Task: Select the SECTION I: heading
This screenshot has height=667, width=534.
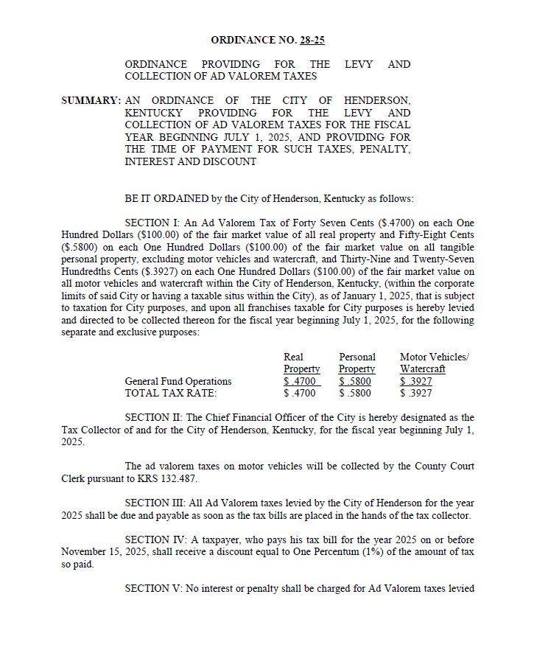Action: click(x=151, y=223)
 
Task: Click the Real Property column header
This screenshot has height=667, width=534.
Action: click(x=301, y=363)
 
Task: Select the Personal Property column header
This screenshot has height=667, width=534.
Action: click(x=357, y=363)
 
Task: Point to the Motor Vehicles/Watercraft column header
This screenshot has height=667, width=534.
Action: click(x=434, y=363)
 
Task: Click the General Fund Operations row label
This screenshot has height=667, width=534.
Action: click(x=178, y=381)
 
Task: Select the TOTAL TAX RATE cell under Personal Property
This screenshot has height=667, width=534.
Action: click(x=355, y=393)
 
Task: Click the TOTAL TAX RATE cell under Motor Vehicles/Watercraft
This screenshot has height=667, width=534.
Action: click(x=416, y=393)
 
